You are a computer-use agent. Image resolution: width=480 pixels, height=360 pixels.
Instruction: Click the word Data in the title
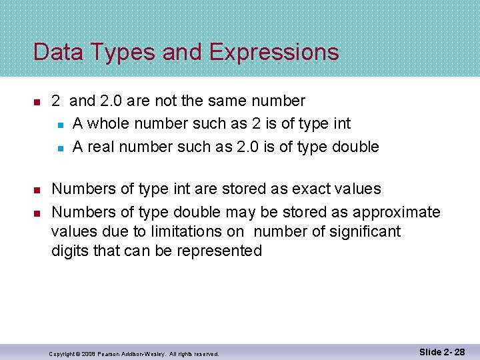tap(57, 52)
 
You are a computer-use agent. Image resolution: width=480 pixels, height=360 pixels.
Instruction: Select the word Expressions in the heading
tap(274, 52)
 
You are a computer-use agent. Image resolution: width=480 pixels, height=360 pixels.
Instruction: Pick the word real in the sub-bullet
tap(101, 147)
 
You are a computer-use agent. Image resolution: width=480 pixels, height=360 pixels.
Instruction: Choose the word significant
tap(367, 232)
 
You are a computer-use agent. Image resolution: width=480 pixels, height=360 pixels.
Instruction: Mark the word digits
tap(70, 251)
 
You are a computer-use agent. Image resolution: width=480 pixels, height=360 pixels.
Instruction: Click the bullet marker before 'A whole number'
tap(59, 125)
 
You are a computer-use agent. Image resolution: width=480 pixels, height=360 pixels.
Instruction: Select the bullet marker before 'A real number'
tap(59, 147)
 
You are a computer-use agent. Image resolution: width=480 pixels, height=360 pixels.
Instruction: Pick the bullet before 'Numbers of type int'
tap(37, 190)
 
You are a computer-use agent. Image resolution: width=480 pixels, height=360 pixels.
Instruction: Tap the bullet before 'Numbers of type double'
tap(37, 213)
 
